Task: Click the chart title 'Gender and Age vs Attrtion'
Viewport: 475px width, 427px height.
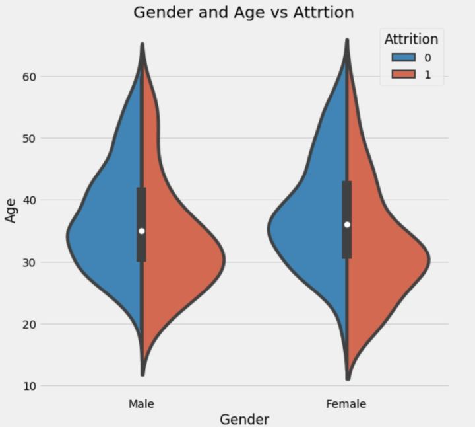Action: [243, 12]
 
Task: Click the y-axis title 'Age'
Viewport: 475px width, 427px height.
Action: [11, 210]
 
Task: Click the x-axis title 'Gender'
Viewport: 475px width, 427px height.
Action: [244, 419]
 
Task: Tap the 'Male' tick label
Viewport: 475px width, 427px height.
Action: [142, 403]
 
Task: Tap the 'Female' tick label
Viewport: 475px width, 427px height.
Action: [346, 403]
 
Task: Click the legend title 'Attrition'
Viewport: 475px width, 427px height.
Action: [411, 39]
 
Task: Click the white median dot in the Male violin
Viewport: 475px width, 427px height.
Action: [142, 231]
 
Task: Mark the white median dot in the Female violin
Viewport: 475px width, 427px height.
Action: [347, 225]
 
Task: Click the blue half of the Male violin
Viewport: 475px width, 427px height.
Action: [106, 231]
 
